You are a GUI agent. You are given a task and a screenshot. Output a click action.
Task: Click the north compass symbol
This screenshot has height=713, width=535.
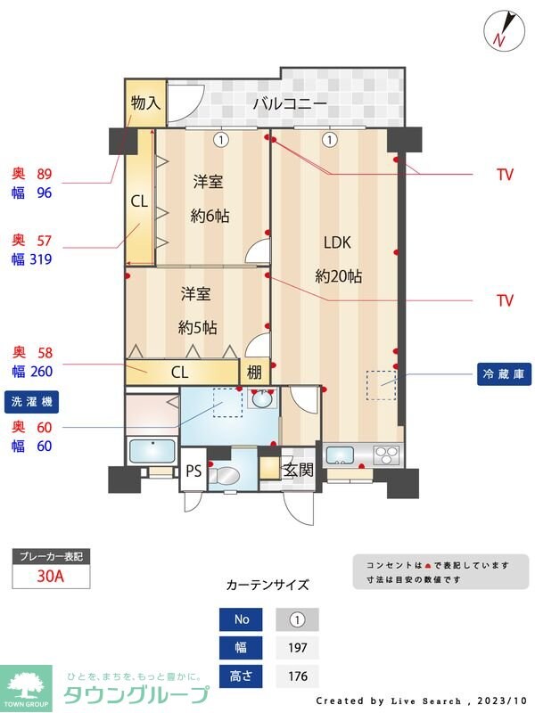click(x=500, y=29)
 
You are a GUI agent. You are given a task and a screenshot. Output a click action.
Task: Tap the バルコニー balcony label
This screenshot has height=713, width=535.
click(x=289, y=104)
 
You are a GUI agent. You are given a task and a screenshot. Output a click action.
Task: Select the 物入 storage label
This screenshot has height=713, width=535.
click(x=144, y=102)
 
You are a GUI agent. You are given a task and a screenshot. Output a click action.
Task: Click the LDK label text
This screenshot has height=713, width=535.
click(x=338, y=242)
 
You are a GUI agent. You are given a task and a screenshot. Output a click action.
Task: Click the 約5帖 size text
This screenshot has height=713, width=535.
click(x=196, y=326)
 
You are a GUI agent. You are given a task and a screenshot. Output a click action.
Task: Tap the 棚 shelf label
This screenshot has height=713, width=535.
click(x=254, y=372)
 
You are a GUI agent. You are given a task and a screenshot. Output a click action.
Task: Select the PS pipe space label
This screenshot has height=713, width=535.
click(x=193, y=471)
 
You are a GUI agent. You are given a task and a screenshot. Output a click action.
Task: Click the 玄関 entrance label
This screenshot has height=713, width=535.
click(x=298, y=470)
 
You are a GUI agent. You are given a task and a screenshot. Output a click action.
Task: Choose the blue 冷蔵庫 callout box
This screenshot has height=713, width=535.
click(x=504, y=373)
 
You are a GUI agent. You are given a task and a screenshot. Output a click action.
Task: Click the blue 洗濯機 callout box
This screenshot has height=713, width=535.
click(x=31, y=402)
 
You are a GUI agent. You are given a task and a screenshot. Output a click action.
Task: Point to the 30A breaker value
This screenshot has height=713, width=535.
click(x=51, y=576)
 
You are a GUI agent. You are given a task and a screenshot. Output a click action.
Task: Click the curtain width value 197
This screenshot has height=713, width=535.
click(x=297, y=648)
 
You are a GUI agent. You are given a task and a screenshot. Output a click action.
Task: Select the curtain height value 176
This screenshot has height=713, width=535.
click(x=297, y=676)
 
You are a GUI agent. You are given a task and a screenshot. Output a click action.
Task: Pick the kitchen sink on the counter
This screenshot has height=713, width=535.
click(x=340, y=455)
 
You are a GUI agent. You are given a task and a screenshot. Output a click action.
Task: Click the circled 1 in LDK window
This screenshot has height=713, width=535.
click(x=330, y=139)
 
